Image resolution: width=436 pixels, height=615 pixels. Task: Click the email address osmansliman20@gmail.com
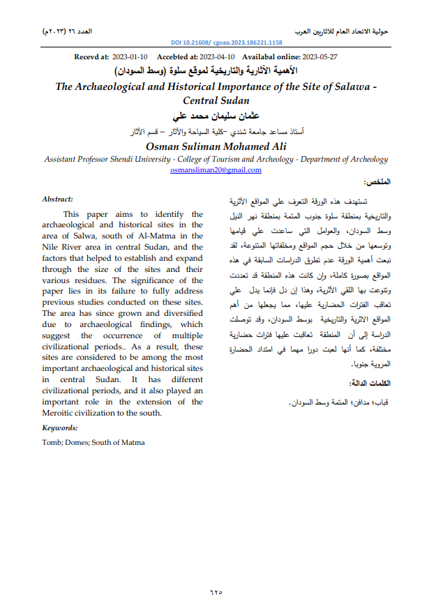click(217, 169)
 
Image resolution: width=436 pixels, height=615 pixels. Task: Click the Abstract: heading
click(58, 199)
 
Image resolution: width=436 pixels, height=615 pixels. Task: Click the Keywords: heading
click(60, 427)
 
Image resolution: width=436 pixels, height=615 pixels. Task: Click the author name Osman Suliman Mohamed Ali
click(216, 146)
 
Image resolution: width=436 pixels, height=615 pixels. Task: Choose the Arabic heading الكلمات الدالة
click(369, 384)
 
